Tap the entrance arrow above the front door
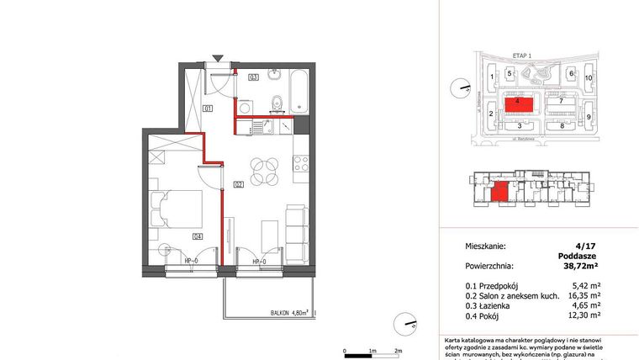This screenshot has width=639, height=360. pos(219,58)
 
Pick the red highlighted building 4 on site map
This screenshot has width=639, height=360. pos(519,105)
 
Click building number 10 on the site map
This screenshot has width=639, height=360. pos(589,77)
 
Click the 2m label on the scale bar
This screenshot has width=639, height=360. pos(399,350)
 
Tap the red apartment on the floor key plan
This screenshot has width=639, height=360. pos(499,193)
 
